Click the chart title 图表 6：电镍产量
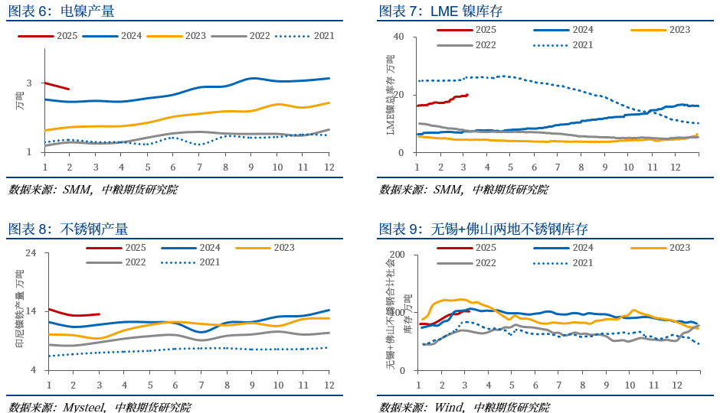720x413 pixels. [x=61, y=11]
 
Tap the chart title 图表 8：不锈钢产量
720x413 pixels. [x=67, y=229]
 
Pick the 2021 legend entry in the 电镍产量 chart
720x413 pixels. [x=306, y=36]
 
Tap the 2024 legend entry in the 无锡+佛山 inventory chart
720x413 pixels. [x=563, y=248]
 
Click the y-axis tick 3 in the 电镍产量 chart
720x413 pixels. [x=29, y=83]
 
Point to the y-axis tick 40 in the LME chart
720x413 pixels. [x=398, y=37]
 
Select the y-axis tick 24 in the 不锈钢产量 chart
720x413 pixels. [x=31, y=253]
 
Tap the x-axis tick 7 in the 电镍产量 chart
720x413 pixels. [x=199, y=167]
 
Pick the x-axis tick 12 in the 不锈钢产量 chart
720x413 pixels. [x=327, y=385]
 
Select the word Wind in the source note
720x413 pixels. [x=449, y=407]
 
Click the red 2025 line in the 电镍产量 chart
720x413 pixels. [x=57, y=86]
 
